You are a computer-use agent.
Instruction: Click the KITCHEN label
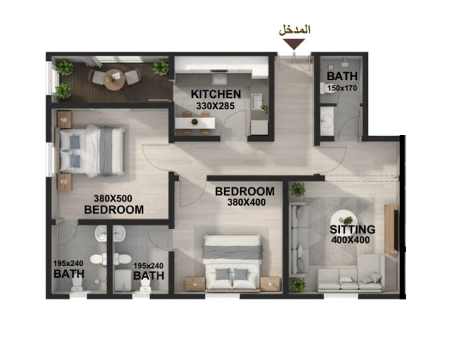coord(216,94)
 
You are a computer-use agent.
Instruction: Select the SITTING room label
coord(352,229)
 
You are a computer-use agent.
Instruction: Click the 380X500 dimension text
coord(114,197)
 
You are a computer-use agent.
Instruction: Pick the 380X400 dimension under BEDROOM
coord(245,202)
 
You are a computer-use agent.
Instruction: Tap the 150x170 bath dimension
coord(341,88)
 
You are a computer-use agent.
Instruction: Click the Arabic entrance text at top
coord(295,29)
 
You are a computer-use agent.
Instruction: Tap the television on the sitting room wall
coord(393,228)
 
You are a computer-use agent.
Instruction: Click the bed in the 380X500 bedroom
coord(92,151)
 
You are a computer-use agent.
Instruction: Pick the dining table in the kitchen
coord(195,123)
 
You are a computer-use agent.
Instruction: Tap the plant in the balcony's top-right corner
coord(160,67)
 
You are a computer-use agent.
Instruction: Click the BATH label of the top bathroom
coord(341,76)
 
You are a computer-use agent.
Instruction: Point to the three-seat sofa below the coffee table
coord(350,277)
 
